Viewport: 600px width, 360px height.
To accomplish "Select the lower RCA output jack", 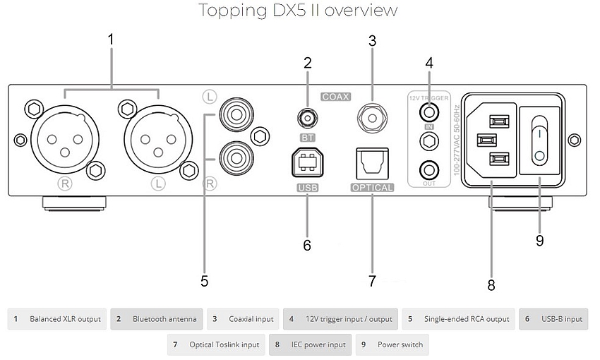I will (234, 152).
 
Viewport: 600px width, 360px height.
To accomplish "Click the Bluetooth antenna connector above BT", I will (307, 116).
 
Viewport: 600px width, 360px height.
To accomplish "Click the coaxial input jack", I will (372, 113).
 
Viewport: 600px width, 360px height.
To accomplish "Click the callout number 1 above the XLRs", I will (111, 40).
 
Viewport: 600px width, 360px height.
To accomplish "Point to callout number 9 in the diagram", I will (539, 241).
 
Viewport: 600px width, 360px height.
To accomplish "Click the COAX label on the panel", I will (337, 96).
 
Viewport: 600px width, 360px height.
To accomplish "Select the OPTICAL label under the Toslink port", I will (372, 188).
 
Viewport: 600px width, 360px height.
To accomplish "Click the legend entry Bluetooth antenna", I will (157, 319).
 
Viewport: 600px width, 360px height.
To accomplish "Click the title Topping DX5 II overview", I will (298, 11).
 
